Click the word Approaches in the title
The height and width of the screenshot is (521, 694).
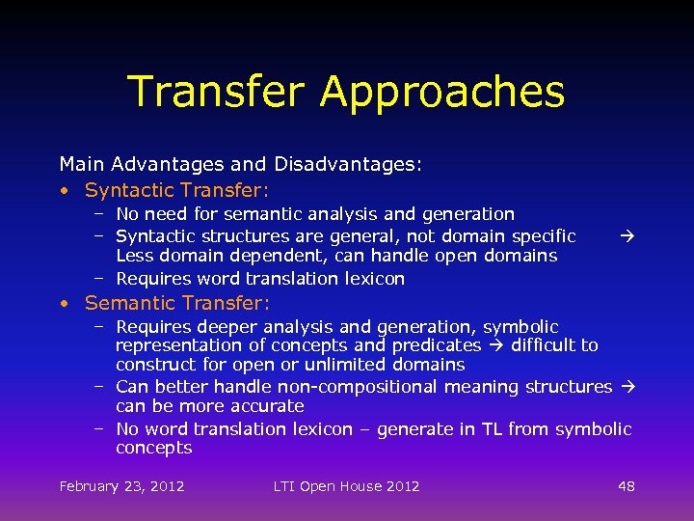click(x=442, y=93)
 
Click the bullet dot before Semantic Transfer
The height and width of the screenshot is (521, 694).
click(x=63, y=304)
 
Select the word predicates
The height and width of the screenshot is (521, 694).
click(x=434, y=345)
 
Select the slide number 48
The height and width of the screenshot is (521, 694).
click(x=627, y=485)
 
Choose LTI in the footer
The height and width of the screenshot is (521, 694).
click(x=285, y=485)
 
